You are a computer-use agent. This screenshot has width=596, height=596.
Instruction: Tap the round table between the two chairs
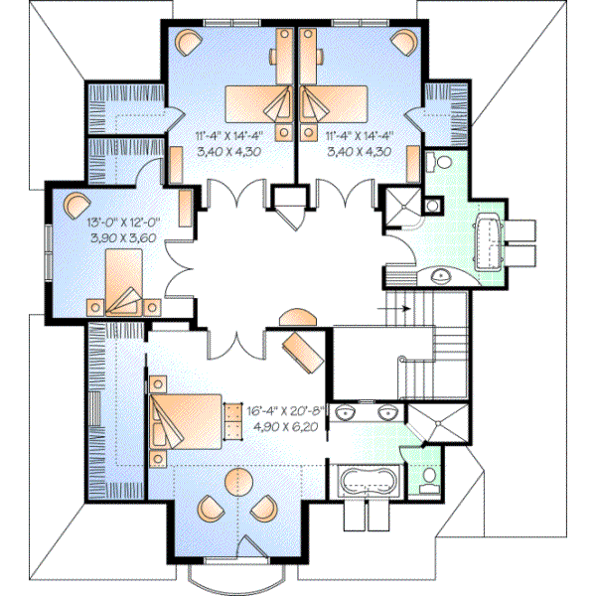coord(236,484)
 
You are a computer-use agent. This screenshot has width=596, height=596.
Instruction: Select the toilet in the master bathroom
coord(428,481)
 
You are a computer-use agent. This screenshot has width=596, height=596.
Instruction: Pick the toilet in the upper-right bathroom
coord(439,161)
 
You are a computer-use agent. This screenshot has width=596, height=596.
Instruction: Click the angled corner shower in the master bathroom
coord(432,424)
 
